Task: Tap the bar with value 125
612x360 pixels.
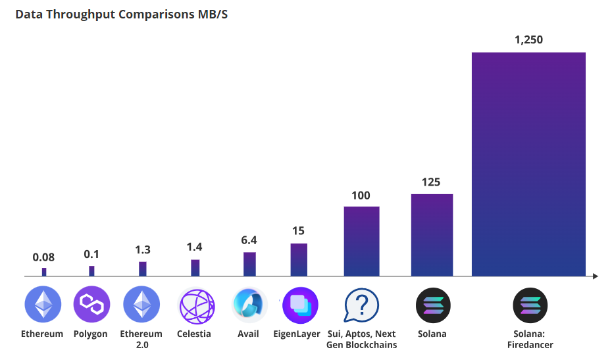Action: pyautogui.click(x=432, y=234)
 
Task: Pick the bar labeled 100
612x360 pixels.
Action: pyautogui.click(x=361, y=241)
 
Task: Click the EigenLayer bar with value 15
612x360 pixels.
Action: pyautogui.click(x=299, y=259)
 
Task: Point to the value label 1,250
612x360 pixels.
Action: pyautogui.click(x=528, y=40)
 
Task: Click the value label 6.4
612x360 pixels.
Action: pyautogui.click(x=249, y=241)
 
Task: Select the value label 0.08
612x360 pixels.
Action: pyautogui.click(x=44, y=257)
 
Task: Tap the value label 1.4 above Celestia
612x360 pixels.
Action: pyautogui.click(x=194, y=247)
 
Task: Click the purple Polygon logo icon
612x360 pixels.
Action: pyautogui.click(x=91, y=304)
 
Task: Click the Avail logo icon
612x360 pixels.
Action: pyautogui.click(x=249, y=305)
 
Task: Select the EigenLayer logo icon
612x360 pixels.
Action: pyautogui.click(x=300, y=305)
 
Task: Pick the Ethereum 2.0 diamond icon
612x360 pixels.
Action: pyautogui.click(x=141, y=304)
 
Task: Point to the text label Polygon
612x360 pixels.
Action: pyautogui.click(x=91, y=334)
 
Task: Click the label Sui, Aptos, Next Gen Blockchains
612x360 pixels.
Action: pyautogui.click(x=362, y=339)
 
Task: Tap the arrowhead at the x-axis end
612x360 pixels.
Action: pyautogui.click(x=595, y=276)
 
